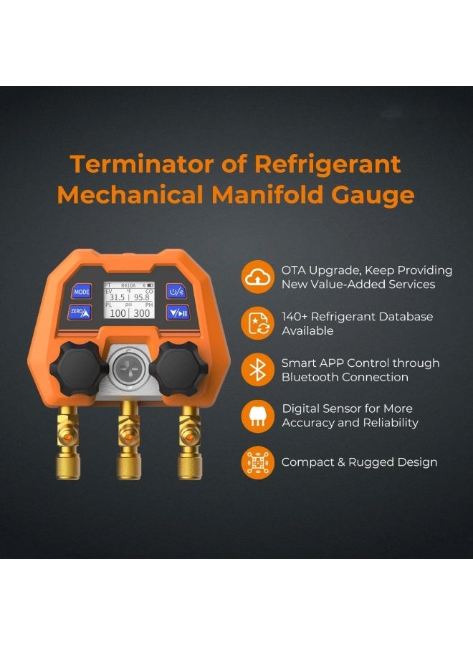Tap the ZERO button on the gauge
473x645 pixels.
click(81, 312)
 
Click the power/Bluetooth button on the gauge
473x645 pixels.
click(177, 291)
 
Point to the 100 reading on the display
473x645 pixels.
click(118, 313)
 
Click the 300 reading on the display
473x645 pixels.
click(142, 313)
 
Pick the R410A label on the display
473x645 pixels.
click(129, 285)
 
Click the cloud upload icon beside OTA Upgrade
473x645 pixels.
click(257, 277)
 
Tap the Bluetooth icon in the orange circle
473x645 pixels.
click(257, 369)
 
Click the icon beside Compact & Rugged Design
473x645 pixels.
click(257, 462)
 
